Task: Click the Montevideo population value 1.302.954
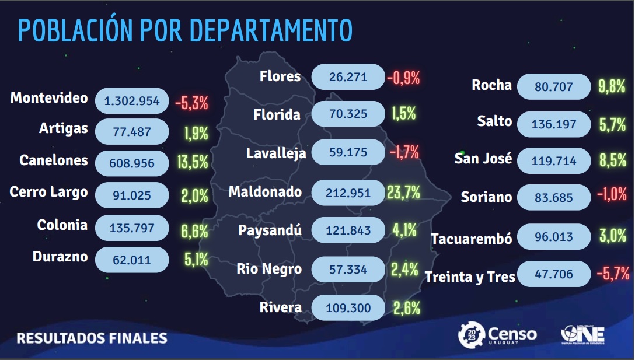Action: point(132,100)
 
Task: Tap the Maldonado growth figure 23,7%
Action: point(403,192)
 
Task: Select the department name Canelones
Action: point(54,160)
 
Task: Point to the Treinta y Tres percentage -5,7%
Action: point(613,272)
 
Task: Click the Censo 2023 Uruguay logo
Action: point(497,335)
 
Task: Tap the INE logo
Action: point(582,335)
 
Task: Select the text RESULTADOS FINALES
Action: point(92,338)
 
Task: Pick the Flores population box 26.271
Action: point(348,77)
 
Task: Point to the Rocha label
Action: point(491,85)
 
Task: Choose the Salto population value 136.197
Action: point(554,124)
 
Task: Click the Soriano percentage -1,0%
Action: point(612,195)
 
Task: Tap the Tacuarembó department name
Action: point(472,239)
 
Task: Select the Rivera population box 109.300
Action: point(348,307)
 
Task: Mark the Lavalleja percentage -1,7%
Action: point(404,153)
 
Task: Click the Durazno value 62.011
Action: point(132,260)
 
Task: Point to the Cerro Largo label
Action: point(49,191)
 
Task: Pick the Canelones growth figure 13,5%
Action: point(192,162)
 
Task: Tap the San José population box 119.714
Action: point(554,160)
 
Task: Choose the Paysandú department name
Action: point(270,230)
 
